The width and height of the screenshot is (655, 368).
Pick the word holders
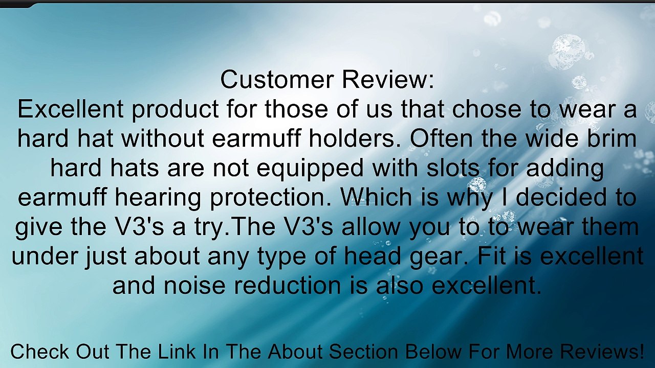(351, 139)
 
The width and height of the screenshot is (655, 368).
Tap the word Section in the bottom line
(363, 352)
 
